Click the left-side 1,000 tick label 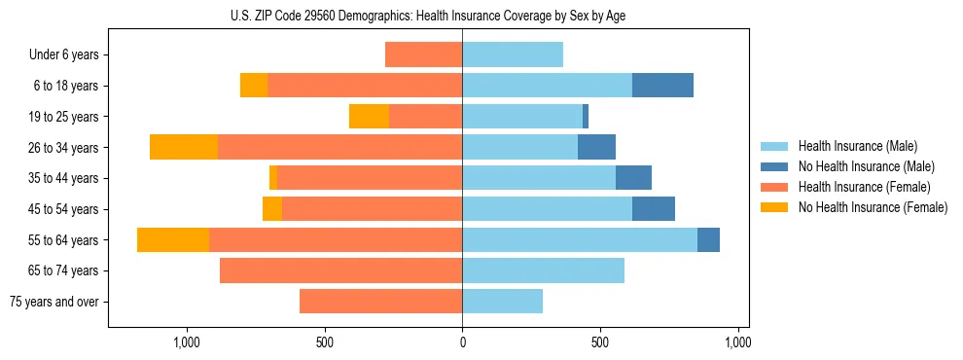(x=186, y=342)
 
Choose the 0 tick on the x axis (x=462, y=342)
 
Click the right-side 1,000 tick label (x=737, y=342)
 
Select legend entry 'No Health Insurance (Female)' (x=873, y=207)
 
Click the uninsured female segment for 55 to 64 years (x=173, y=239)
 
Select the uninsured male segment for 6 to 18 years (x=662, y=86)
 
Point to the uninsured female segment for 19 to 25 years (x=369, y=117)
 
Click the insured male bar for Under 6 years (x=513, y=55)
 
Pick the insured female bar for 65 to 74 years (x=340, y=270)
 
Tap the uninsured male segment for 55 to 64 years (x=708, y=239)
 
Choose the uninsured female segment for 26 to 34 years (x=184, y=148)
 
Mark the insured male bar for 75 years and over (x=502, y=302)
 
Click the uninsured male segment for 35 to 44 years (x=633, y=178)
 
